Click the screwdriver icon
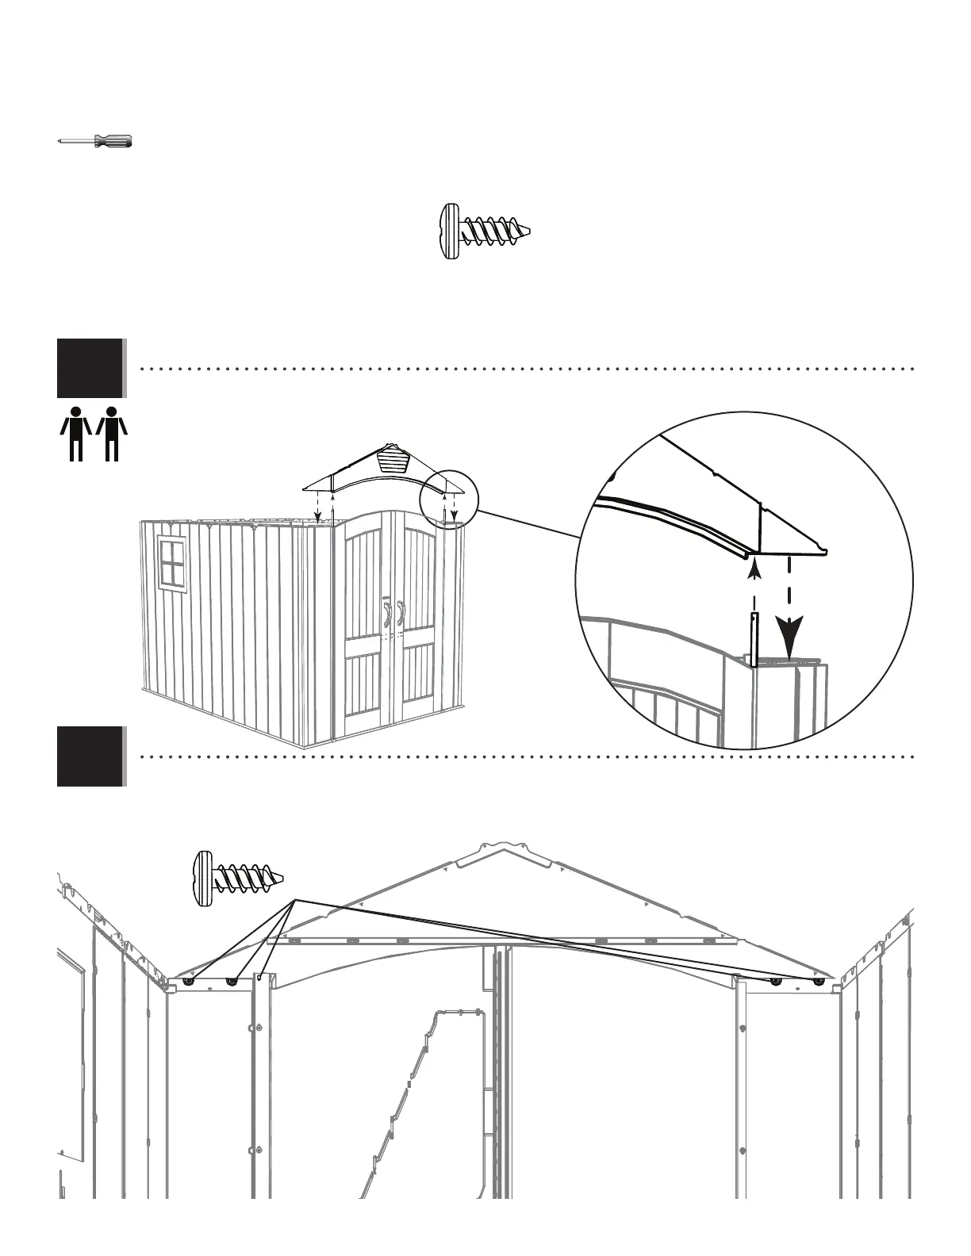95,141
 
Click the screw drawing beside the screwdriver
483,232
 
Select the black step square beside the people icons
90,368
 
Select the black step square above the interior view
90,756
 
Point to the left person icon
75,433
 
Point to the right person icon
112,433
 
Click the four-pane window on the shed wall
172,561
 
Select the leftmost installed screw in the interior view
190,981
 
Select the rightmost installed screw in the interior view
819,981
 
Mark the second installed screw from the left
232,981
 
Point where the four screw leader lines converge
296,899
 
